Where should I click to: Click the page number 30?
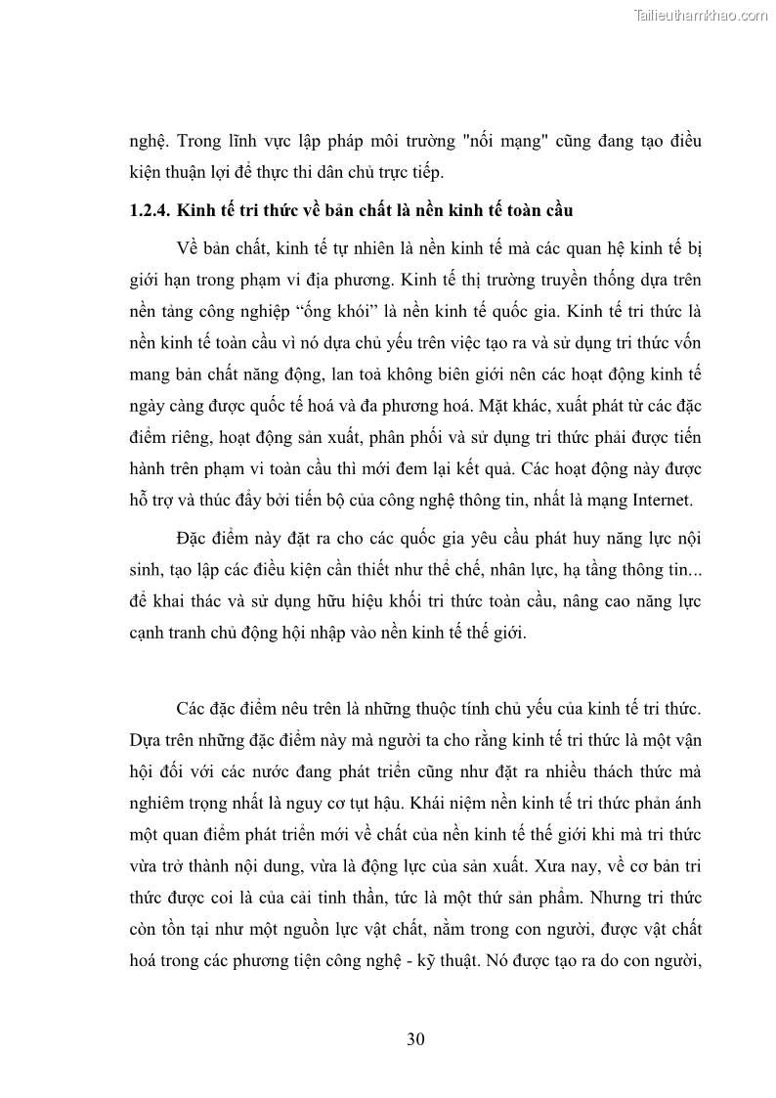coord(415,1038)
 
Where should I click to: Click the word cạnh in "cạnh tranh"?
coord(150,632)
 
